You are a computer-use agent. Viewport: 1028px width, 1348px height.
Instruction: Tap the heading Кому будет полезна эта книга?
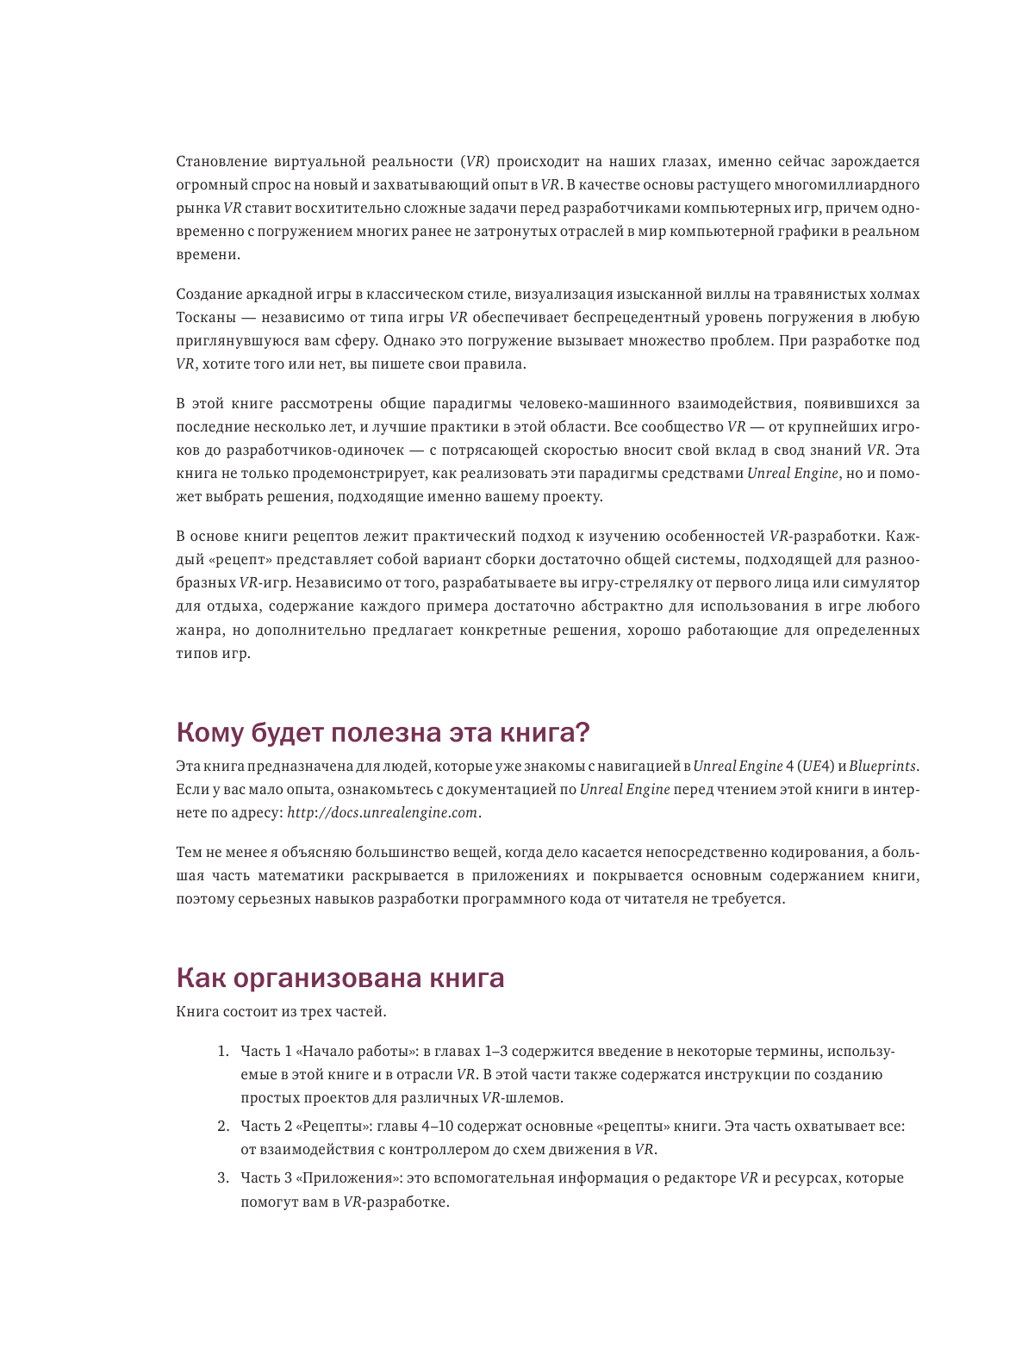(x=383, y=732)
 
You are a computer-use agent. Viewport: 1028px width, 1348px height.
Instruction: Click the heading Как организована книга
(x=340, y=978)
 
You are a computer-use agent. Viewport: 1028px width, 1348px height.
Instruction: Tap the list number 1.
(x=222, y=1052)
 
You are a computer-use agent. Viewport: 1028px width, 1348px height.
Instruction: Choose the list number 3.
(x=222, y=1178)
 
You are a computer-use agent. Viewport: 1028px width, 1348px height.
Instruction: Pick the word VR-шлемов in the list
(x=522, y=1098)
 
